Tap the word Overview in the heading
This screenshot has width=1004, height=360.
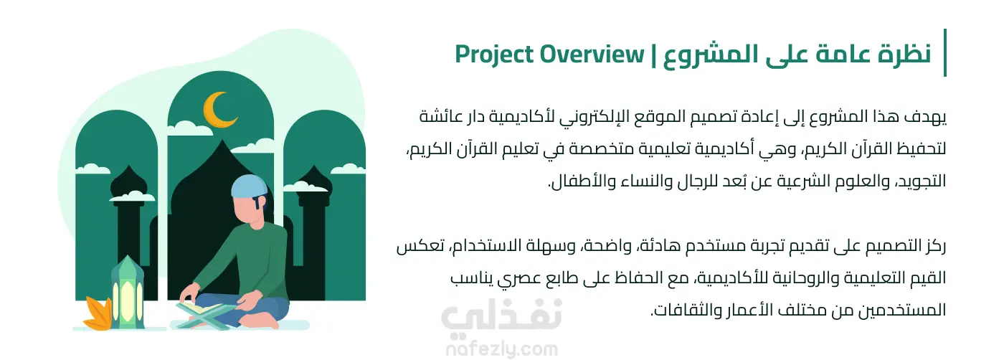click(592, 55)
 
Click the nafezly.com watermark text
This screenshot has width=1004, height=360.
click(502, 349)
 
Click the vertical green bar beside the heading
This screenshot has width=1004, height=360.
click(945, 52)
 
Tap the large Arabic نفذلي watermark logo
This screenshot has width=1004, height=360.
click(501, 316)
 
